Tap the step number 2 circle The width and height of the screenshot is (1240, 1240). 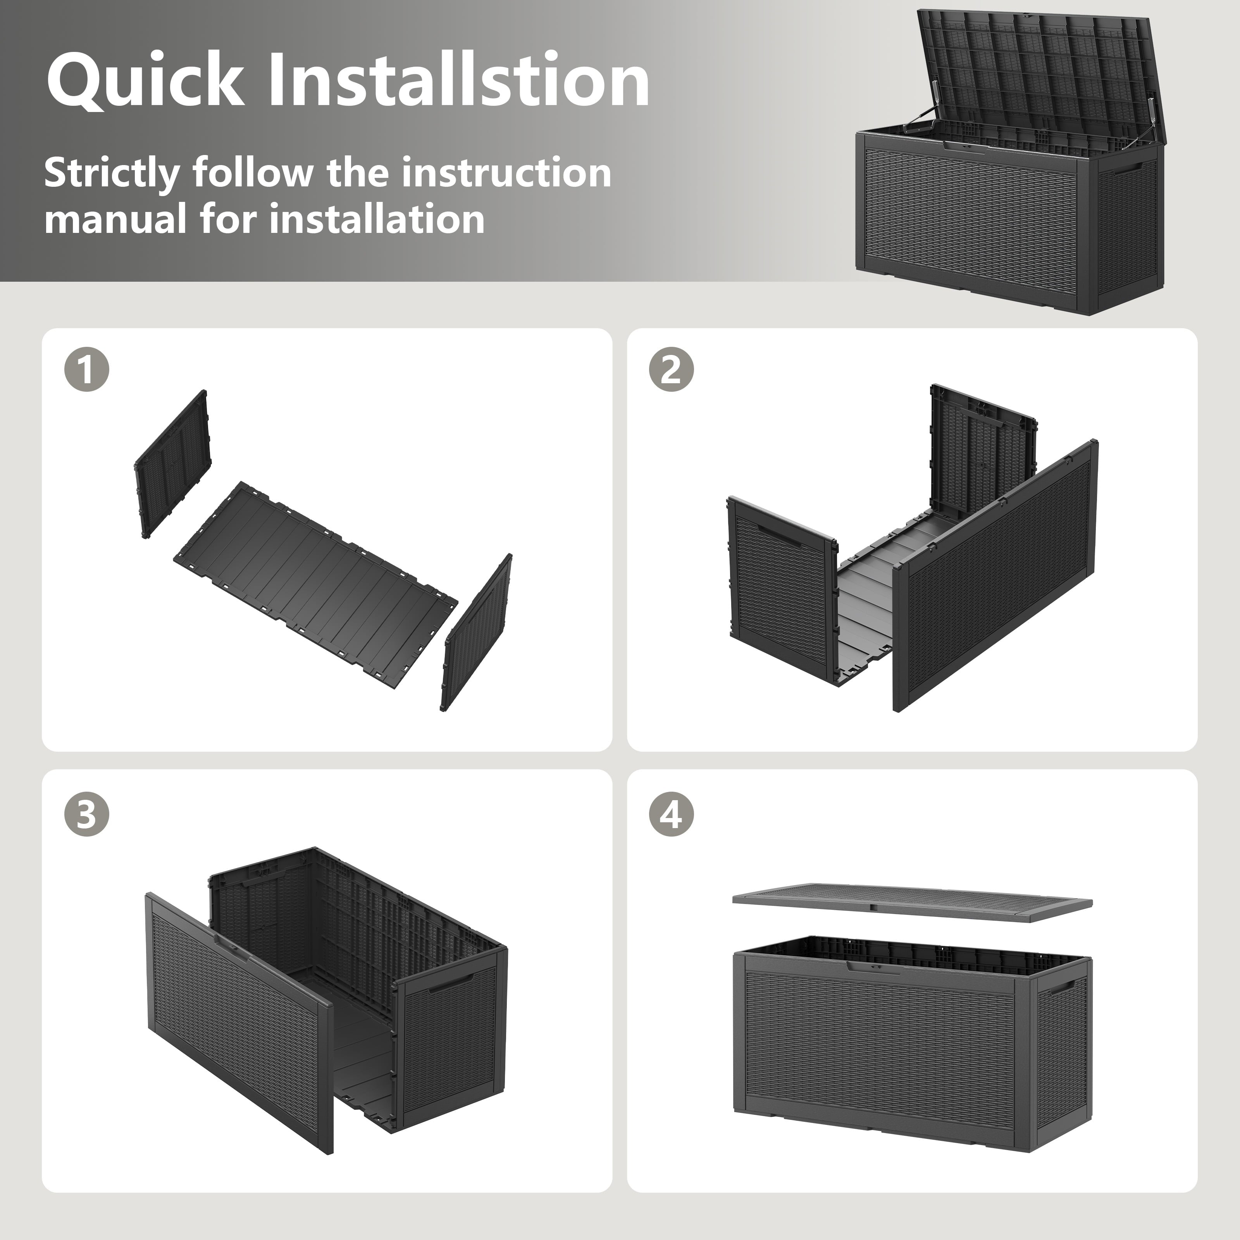coord(672,370)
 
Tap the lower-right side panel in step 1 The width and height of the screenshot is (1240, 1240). coord(476,632)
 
